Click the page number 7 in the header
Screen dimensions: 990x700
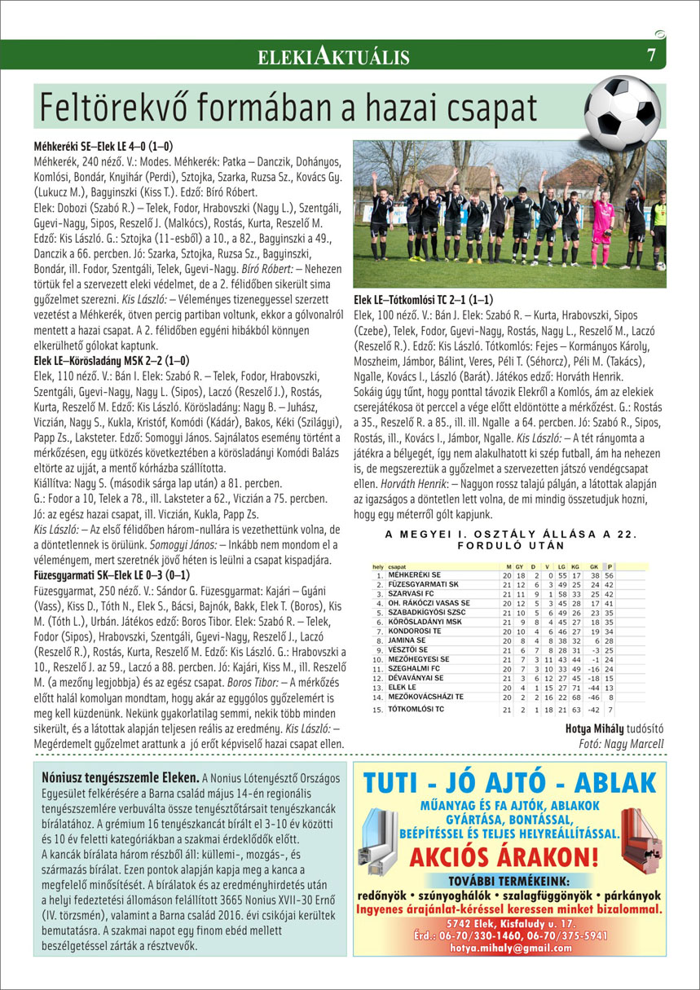coord(651,55)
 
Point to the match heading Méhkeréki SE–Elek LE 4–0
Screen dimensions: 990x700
coord(103,147)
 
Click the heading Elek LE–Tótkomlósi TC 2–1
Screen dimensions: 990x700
coord(423,300)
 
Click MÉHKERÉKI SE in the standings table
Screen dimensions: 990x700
coord(415,574)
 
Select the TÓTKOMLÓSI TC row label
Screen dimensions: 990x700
coord(416,709)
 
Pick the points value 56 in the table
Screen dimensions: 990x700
coord(608,575)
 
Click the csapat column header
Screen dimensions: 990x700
coord(398,565)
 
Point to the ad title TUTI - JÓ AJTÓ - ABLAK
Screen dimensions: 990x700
coord(509,783)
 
